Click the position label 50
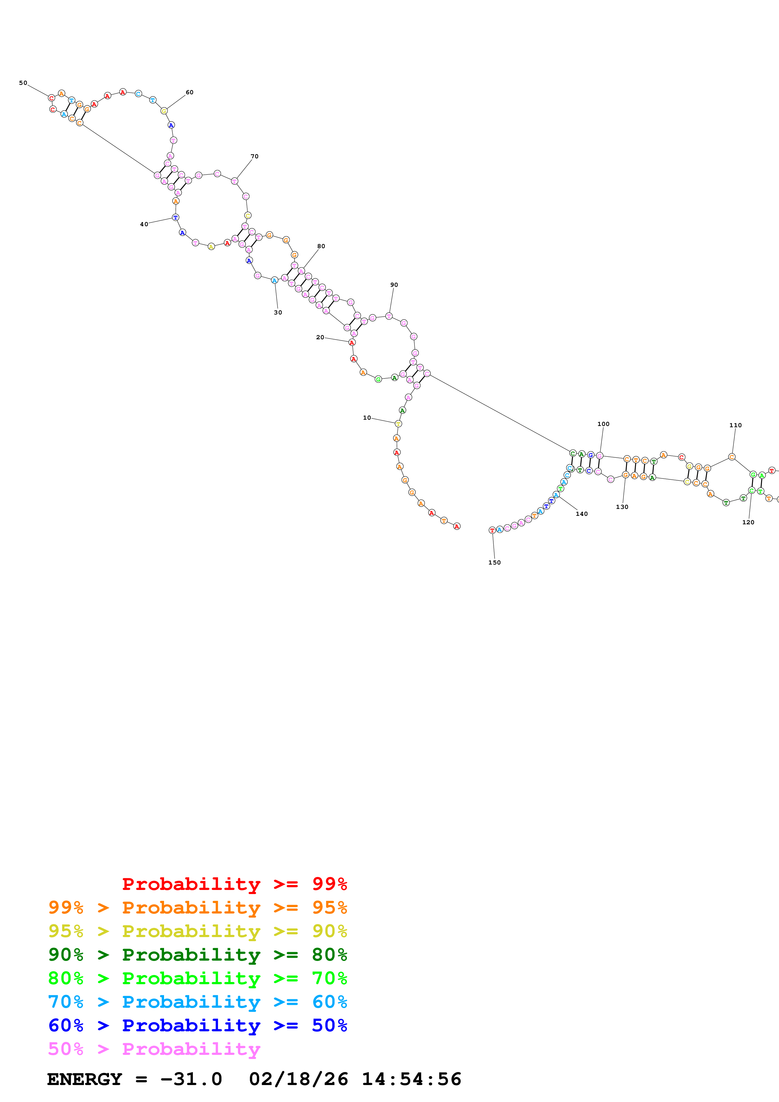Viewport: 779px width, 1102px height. [23, 83]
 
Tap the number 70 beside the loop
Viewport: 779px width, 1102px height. [255, 156]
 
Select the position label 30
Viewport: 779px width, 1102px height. [278, 313]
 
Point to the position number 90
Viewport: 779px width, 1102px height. [394, 285]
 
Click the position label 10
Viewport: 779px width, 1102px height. [367, 417]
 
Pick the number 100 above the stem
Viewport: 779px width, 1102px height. [603, 424]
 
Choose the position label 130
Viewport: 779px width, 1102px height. [622, 507]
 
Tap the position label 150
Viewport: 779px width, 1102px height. [494, 563]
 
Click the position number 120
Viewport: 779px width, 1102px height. [748, 522]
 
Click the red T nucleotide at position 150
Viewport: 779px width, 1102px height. [492, 530]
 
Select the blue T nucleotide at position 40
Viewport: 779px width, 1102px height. [176, 217]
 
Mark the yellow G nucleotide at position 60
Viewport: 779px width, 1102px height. [164, 111]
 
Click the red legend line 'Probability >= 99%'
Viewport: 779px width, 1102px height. [234, 884]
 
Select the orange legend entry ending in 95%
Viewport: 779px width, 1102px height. [197, 908]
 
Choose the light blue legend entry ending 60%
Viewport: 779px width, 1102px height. [197, 1002]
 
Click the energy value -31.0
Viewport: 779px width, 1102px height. [191, 1079]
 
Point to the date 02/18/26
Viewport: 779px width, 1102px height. [298, 1079]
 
